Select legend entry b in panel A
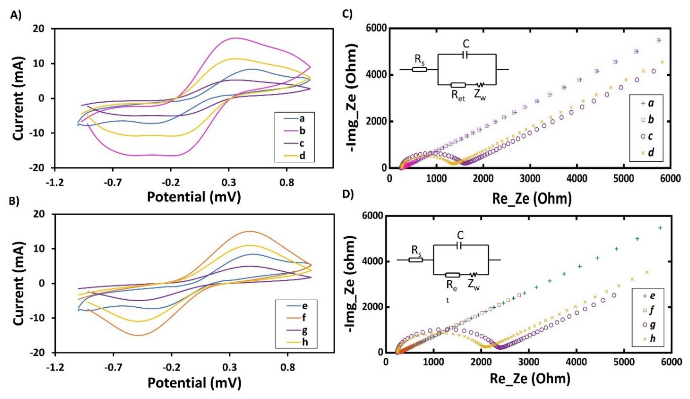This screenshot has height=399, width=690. point(302,131)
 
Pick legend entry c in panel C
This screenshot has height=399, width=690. point(650,136)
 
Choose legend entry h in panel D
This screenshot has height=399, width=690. point(652,338)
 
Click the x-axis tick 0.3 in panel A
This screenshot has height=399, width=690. point(229,182)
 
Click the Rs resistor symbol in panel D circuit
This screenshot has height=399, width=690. point(415,260)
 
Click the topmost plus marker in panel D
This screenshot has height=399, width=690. point(660,228)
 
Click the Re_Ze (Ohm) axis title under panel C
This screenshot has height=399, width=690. point(532,198)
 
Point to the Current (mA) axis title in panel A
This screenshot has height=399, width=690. point(19,98)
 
